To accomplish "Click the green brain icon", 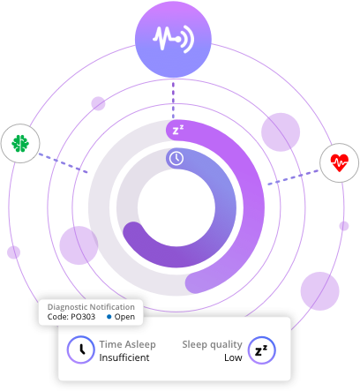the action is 20,143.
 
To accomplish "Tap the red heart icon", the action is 340,162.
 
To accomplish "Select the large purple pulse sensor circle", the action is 173,39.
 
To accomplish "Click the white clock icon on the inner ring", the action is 176,158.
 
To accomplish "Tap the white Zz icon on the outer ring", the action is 178,130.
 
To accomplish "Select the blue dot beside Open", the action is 109,317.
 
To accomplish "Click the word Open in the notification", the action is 124,317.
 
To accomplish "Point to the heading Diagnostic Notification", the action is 91,307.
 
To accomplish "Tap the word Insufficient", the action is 124,357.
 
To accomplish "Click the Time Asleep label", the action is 127,344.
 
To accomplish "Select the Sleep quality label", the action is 212,344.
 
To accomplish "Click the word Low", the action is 233,357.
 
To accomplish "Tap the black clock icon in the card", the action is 81,350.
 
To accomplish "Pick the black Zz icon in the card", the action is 262,350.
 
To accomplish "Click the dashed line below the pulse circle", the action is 173,101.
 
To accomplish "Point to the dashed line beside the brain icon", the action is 64,162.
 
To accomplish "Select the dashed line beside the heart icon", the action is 293,177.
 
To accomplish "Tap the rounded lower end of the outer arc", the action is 196,282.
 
